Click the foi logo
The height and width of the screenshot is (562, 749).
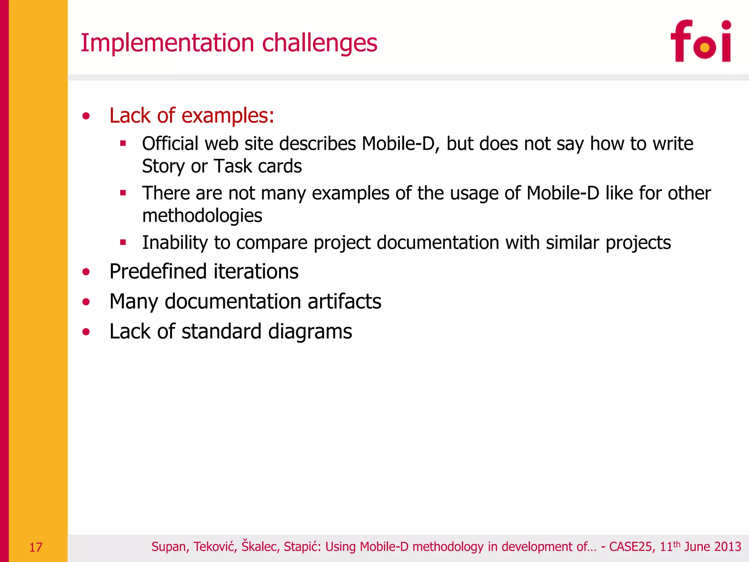[x=701, y=41]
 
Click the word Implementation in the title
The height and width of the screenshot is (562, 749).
[x=167, y=43]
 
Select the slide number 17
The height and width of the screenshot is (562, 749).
[x=35, y=547]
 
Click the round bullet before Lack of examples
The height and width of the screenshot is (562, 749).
[x=86, y=116]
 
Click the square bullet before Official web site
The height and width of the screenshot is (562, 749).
[x=123, y=143]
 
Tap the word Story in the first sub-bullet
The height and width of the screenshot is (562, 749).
[x=163, y=166]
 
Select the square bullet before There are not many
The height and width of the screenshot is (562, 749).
[x=123, y=193]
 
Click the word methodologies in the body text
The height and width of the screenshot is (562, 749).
[x=202, y=216]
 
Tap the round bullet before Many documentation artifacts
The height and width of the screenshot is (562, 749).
[x=86, y=302]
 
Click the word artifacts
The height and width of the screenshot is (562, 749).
[x=344, y=301]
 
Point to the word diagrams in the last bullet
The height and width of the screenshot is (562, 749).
[x=310, y=332]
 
